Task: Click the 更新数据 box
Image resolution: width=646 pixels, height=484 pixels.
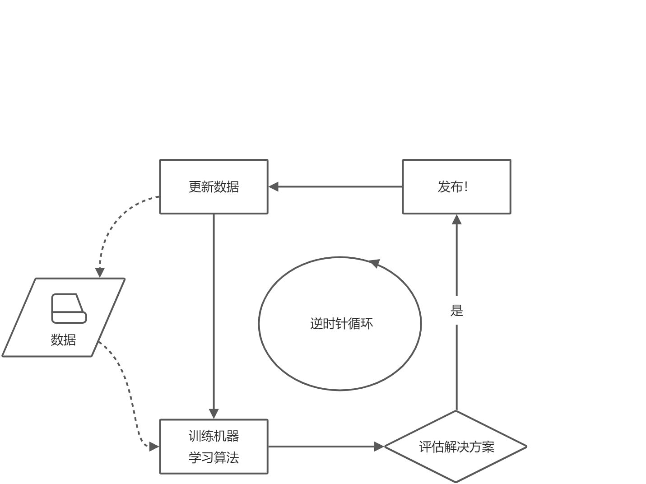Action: [214, 186]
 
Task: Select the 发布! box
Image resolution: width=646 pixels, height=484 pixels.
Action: [456, 186]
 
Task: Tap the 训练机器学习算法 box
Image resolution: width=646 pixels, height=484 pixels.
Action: [214, 447]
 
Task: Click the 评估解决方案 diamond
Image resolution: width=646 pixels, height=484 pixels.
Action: [456, 447]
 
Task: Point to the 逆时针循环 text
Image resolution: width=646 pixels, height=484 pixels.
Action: [341, 324]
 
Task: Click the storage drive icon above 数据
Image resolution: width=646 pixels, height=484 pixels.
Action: [69, 309]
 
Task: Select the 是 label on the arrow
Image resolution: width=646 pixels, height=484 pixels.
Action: [456, 311]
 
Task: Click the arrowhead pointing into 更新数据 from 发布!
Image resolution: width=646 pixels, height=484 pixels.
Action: [274, 186]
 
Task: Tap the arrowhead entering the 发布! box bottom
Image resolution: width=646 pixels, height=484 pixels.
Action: [456, 219]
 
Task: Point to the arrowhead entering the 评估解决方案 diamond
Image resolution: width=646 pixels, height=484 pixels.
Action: [379, 447]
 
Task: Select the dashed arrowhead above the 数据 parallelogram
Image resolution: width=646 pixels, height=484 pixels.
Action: [100, 272]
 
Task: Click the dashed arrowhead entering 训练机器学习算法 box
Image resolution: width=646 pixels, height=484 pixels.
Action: [154, 447]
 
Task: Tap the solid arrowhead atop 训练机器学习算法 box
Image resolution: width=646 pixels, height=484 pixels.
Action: [214, 414]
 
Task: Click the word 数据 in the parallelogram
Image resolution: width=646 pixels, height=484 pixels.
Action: [63, 340]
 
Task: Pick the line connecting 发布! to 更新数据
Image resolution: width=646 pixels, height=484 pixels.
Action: [339, 186]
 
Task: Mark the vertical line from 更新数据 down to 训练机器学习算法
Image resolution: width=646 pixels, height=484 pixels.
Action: [214, 312]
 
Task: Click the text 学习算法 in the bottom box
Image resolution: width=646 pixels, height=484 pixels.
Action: [214, 457]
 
